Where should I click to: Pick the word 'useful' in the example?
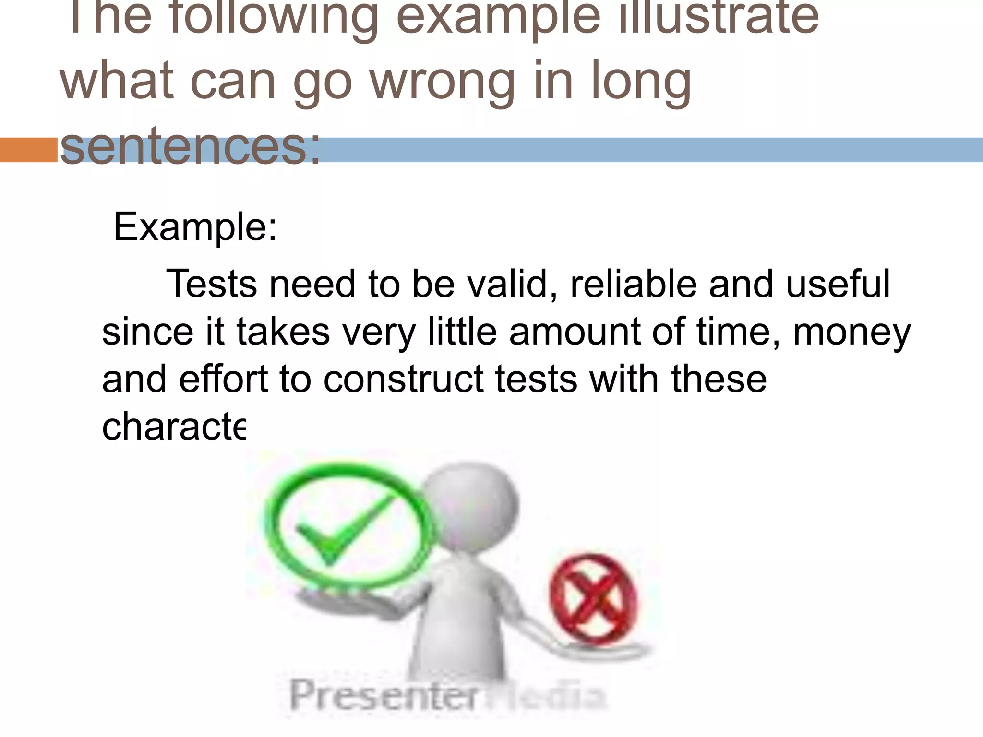[838, 284]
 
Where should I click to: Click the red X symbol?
[593, 600]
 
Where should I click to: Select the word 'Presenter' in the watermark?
[384, 695]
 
